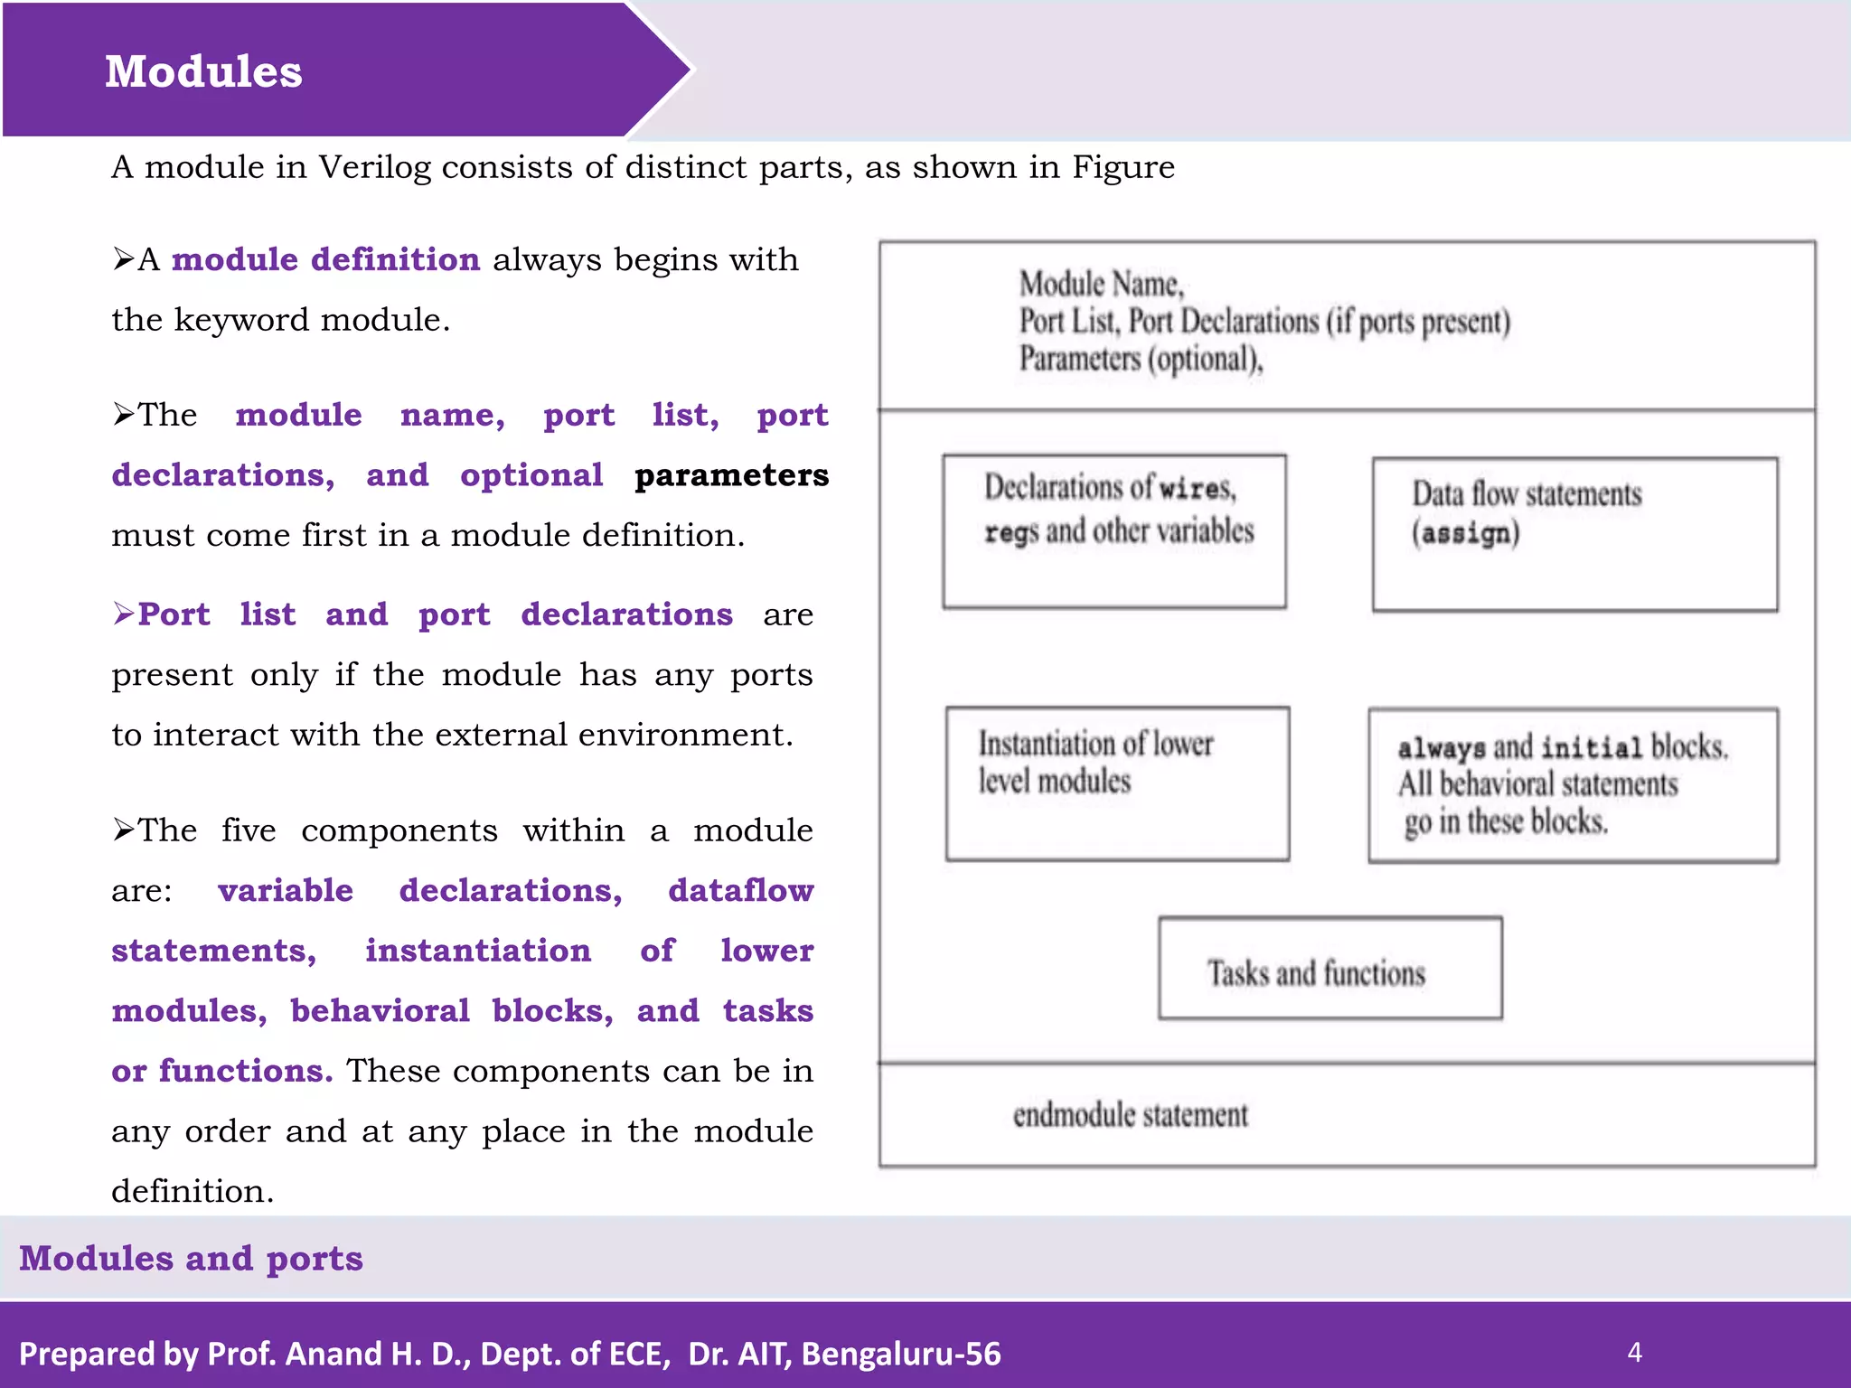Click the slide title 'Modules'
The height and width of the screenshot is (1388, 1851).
pos(203,71)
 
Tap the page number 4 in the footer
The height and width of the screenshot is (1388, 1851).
pos(1634,1352)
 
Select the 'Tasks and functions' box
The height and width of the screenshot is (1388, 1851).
pos(1330,969)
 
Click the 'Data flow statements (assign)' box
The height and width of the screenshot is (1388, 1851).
pos(1574,534)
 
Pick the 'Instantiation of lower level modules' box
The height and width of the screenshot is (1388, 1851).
pos(1117,783)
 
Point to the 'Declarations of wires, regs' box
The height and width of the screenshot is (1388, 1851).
pos(1114,531)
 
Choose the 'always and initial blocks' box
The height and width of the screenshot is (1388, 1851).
pos(1573,785)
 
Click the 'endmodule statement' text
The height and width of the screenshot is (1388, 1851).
pos(1130,1115)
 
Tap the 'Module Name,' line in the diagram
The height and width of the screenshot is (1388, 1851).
pos(1101,285)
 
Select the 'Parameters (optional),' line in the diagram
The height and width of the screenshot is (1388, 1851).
pos(1141,360)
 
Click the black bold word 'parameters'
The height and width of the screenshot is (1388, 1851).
pos(731,475)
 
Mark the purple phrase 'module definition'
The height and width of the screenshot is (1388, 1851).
pos(325,260)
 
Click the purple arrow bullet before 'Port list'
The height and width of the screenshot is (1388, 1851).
pos(124,614)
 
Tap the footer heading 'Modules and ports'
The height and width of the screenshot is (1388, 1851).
pos(191,1259)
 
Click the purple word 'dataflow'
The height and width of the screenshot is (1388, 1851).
pos(740,891)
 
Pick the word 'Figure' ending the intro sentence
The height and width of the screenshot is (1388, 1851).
pos(1123,168)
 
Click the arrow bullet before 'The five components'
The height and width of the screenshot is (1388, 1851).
pos(124,830)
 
